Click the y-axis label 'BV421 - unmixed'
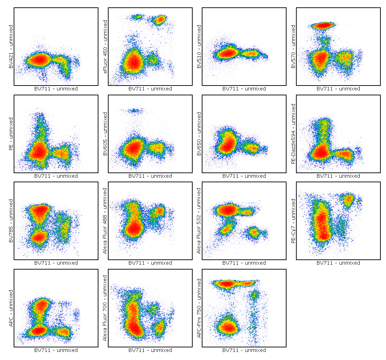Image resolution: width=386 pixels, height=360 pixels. point(11,47)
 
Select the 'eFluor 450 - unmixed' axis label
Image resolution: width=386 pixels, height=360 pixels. point(105,47)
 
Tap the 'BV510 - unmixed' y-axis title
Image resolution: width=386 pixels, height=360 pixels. point(199,47)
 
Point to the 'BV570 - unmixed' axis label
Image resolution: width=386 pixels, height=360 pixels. point(293,47)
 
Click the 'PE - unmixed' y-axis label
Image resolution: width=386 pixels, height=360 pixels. point(11,134)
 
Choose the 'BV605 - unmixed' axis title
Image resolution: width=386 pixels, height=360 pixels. point(105,134)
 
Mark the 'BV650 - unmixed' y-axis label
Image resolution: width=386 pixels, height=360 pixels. point(199,134)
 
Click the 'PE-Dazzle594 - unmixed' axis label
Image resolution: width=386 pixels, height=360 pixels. point(293,134)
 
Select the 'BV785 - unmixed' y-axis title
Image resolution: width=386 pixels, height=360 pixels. point(11,221)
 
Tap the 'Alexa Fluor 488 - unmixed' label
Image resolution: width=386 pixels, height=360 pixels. point(105,221)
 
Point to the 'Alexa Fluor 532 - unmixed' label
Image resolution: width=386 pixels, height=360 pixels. point(199,221)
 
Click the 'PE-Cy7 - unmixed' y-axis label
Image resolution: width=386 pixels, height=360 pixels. point(293,221)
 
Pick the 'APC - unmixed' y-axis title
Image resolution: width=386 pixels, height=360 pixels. point(11,308)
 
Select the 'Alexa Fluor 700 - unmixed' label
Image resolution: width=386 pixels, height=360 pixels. point(105,308)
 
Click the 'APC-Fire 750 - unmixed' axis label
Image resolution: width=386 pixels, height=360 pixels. point(199,308)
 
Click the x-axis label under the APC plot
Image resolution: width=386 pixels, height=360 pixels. point(56,350)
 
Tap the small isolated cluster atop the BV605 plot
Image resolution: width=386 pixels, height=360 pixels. point(134,111)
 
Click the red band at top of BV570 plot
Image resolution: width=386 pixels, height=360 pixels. point(323,25)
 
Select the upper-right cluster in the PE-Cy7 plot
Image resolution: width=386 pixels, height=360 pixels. point(348,200)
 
